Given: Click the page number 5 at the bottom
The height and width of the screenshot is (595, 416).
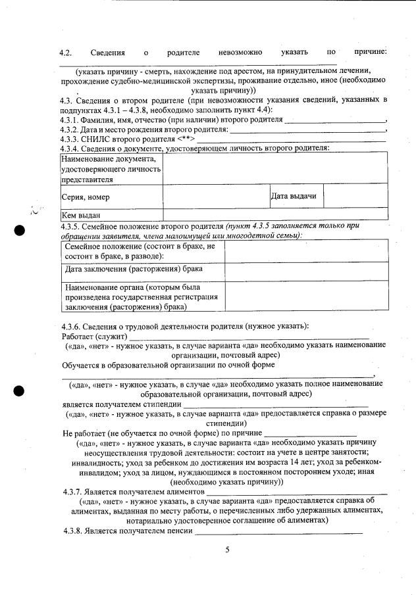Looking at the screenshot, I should [x=226, y=550].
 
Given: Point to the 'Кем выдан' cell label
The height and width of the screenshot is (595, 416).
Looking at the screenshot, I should [x=81, y=215].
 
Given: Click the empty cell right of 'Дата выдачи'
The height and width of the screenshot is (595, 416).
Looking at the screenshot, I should [x=354, y=196].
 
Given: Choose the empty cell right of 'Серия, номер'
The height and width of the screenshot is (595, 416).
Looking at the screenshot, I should [x=216, y=196].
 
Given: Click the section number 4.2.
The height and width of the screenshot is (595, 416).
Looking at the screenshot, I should [x=65, y=52].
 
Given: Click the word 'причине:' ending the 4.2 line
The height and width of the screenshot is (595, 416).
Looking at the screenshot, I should [x=369, y=52].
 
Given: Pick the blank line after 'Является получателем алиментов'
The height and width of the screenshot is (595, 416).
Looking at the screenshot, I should [x=297, y=492].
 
